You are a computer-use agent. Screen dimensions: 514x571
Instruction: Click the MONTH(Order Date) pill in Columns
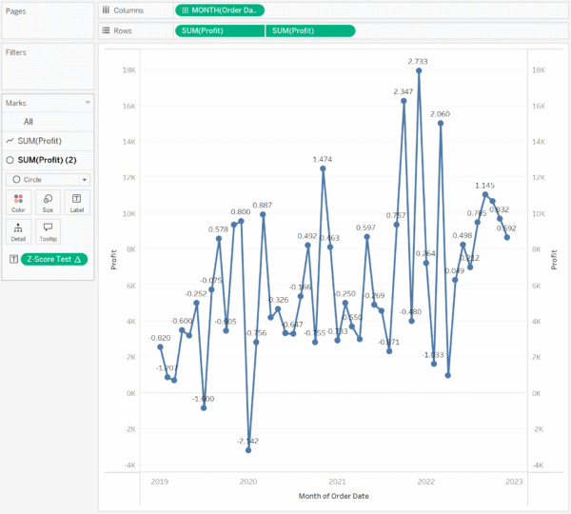(x=220, y=10)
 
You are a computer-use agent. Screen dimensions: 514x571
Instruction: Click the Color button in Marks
(x=19, y=201)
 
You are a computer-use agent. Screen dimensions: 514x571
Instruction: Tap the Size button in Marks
(x=48, y=201)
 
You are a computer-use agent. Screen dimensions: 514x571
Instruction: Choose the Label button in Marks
(x=77, y=201)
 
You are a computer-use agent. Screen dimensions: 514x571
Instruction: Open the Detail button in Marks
(x=19, y=231)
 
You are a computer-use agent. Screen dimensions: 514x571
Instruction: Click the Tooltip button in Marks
(x=48, y=231)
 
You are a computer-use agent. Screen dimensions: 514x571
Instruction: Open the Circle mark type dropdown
(x=49, y=179)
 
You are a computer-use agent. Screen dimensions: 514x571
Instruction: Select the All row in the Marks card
(x=29, y=121)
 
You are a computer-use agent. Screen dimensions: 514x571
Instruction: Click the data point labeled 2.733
(x=419, y=70)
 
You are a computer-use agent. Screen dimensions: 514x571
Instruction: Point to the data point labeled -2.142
(x=248, y=449)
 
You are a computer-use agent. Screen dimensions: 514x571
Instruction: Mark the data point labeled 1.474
(x=323, y=168)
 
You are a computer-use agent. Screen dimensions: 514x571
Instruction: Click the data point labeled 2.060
(x=441, y=123)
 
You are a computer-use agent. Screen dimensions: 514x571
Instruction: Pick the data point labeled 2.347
(x=404, y=100)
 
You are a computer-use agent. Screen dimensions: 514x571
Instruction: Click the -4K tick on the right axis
(x=539, y=465)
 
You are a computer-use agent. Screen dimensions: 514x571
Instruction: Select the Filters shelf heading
(x=16, y=52)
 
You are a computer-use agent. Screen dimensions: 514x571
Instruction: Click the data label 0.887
(x=263, y=205)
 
